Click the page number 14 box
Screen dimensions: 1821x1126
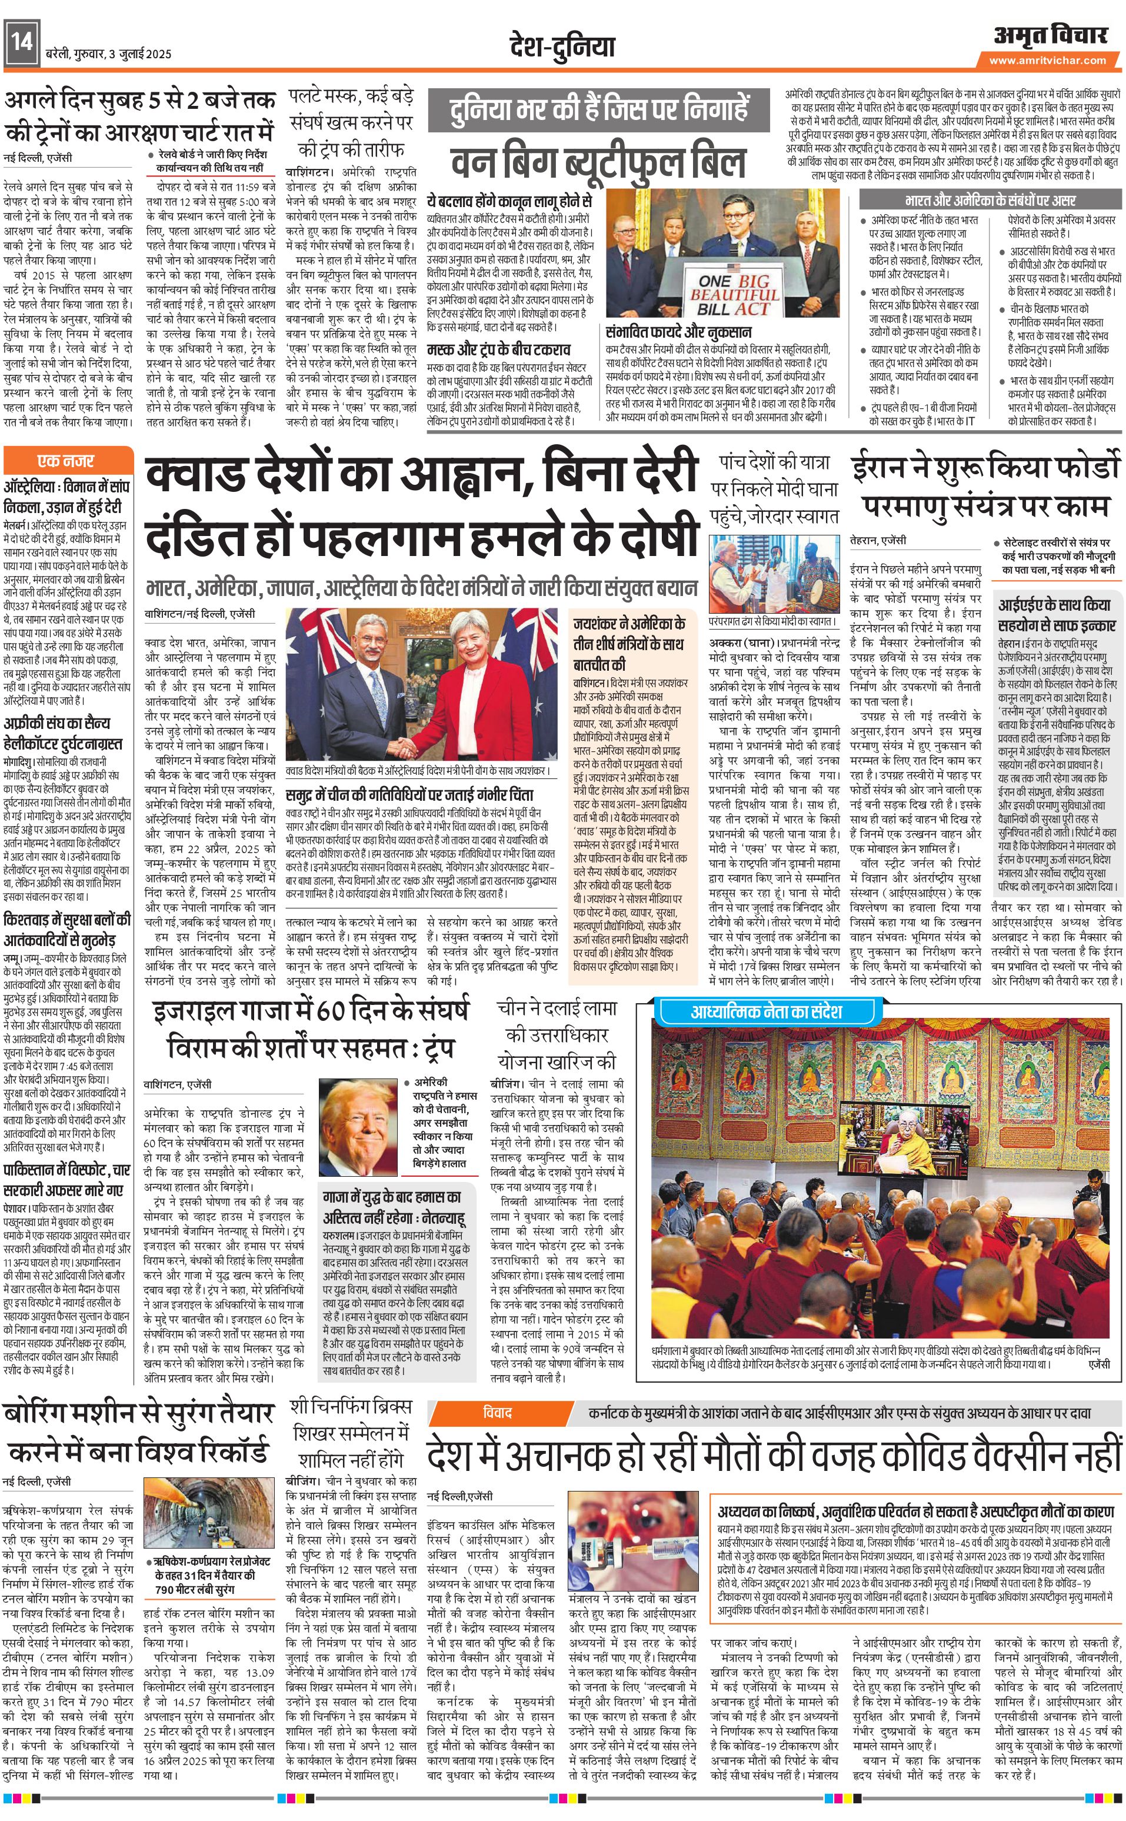[x=21, y=43]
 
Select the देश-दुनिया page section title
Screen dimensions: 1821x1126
[x=562, y=46]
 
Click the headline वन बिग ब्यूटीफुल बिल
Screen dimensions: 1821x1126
[x=598, y=163]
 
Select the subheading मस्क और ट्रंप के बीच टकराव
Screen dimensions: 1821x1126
[x=498, y=349]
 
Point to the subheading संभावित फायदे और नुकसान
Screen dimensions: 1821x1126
[x=678, y=332]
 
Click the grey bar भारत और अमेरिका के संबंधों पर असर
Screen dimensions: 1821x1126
[x=990, y=201]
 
